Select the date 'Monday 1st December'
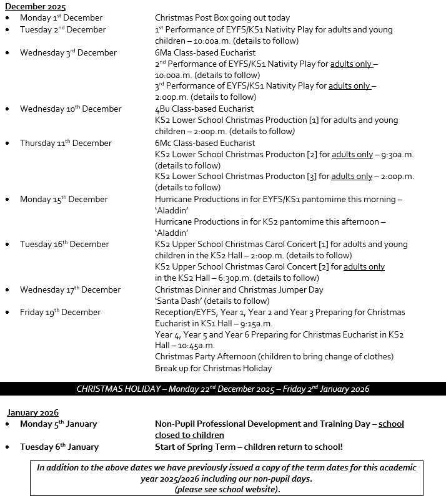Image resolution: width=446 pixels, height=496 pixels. coord(61,18)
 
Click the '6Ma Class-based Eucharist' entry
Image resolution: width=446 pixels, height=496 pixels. coord(204,52)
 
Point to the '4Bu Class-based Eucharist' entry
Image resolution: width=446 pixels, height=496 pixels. coord(204,109)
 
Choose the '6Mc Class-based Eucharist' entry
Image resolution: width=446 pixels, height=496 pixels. coord(205,143)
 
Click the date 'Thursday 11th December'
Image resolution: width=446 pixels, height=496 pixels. coord(66,143)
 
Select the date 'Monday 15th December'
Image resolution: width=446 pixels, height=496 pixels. coord(64,199)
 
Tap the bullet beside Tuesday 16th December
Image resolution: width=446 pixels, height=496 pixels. coord(7,245)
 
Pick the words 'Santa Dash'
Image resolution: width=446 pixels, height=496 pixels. coord(177,301)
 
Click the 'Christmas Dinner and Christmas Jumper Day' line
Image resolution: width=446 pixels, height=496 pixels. coord(239,289)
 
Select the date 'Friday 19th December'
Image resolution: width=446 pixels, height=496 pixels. coord(60,312)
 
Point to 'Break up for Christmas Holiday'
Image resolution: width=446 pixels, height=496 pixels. coord(214,368)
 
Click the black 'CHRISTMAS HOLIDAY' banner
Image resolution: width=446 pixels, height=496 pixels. coord(223,389)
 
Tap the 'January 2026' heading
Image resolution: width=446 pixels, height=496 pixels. coord(32,412)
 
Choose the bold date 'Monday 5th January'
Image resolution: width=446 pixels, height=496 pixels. coord(58,424)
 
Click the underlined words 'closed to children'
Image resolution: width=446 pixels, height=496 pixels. coord(189,435)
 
